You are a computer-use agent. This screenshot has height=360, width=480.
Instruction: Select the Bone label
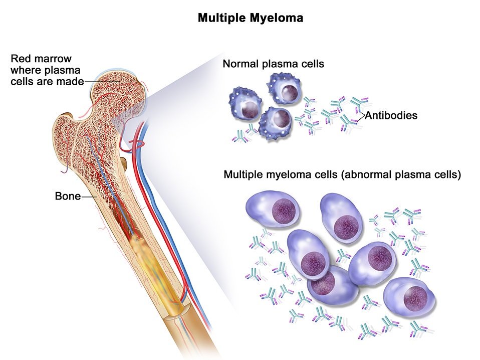click(x=67, y=196)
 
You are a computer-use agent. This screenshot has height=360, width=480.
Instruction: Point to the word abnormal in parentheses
click(x=369, y=175)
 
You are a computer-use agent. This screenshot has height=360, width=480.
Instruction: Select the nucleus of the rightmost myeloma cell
click(x=416, y=298)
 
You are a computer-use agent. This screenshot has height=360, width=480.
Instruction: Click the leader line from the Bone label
click(x=89, y=197)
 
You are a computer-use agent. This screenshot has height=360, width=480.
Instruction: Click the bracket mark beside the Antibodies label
click(x=361, y=116)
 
